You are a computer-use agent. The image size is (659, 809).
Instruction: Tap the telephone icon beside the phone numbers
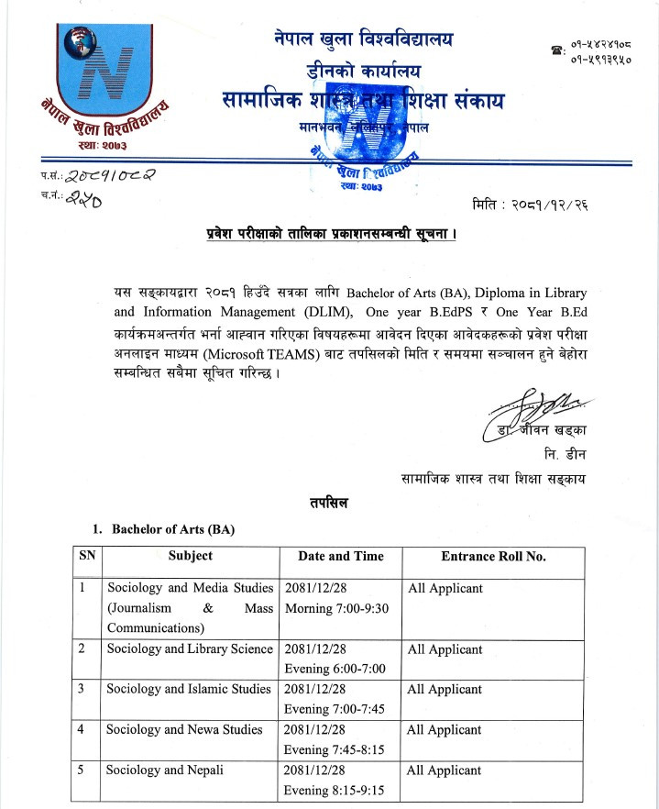pos(555,50)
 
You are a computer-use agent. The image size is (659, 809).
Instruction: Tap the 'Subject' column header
pos(190,556)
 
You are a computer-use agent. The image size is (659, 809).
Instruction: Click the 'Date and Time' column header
pos(339,556)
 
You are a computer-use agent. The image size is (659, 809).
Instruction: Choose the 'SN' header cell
pos(87,556)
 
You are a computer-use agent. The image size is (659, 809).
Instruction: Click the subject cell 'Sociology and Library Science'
pos(190,649)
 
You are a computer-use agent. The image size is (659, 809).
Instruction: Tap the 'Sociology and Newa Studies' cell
pos(184,730)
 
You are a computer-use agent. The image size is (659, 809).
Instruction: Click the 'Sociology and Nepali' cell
pos(165,770)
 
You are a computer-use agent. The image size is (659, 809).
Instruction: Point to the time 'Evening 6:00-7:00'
pos(335,669)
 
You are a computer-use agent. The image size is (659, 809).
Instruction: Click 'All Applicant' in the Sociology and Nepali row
pos(445,770)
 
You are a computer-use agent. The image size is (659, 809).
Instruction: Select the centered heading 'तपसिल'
pos(329,502)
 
